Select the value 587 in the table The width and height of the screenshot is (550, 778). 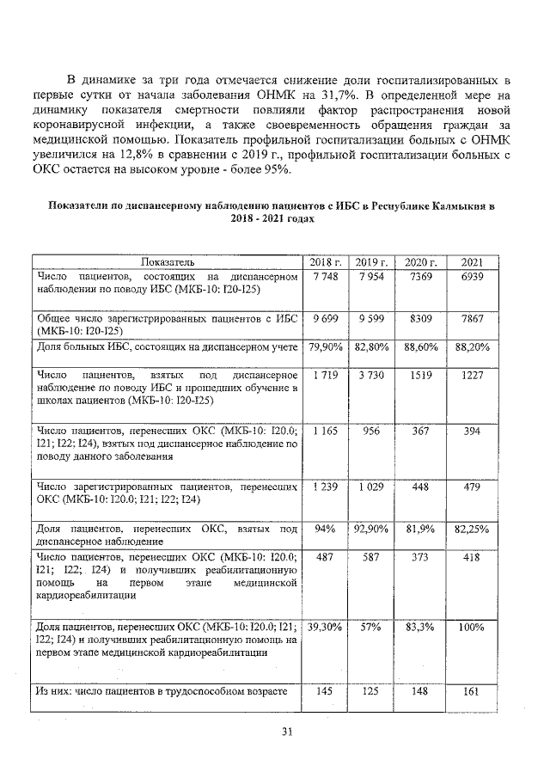point(372,557)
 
